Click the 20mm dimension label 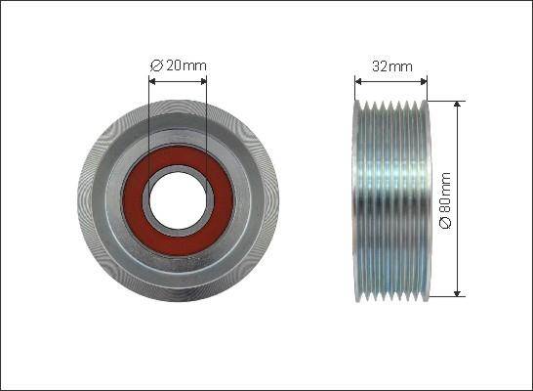pyautogui.click(x=186, y=65)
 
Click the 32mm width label pyautogui.click(x=392, y=66)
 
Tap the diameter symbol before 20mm pyautogui.click(x=157, y=65)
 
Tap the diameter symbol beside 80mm pyautogui.click(x=445, y=222)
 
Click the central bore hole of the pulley pyautogui.click(x=178, y=200)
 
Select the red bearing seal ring pyautogui.click(x=178, y=200)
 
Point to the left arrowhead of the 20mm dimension pyautogui.click(x=152, y=81)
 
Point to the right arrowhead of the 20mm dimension pyautogui.click(x=203, y=81)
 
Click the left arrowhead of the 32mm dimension pyautogui.click(x=358, y=81)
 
